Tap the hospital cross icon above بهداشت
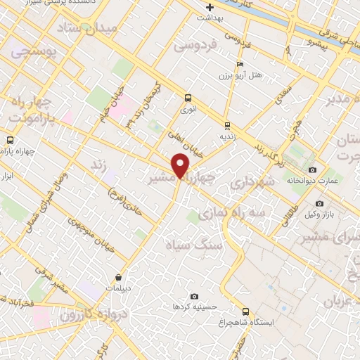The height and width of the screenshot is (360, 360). coord(210,7)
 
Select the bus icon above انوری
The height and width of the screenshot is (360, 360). coord(188,98)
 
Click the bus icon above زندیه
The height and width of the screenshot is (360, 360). coord(226,126)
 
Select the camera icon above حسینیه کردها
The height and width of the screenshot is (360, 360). coord(195,297)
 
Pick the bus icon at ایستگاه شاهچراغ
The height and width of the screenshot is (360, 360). coord(245,311)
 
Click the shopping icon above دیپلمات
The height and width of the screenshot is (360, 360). coord(119,277)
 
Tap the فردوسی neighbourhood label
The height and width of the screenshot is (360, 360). coord(197,45)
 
